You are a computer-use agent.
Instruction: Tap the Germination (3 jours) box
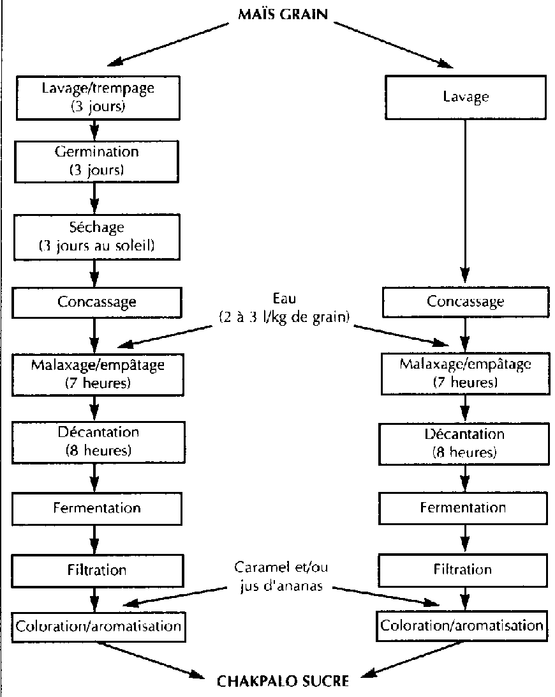[98, 162]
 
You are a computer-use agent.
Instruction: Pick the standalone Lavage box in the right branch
[465, 98]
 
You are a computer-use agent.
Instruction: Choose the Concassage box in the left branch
[98, 301]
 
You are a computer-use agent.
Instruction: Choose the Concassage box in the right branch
[465, 301]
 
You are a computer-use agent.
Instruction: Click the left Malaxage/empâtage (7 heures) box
[98, 373]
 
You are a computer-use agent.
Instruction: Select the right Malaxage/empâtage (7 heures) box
[465, 373]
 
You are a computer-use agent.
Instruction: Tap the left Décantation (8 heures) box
[98, 441]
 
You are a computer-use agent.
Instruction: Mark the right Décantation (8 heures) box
[465, 443]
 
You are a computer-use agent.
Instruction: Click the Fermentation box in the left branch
[98, 508]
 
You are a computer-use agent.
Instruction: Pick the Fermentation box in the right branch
[465, 508]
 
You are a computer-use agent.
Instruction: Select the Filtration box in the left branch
[98, 569]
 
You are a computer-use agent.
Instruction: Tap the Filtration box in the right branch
[465, 569]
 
